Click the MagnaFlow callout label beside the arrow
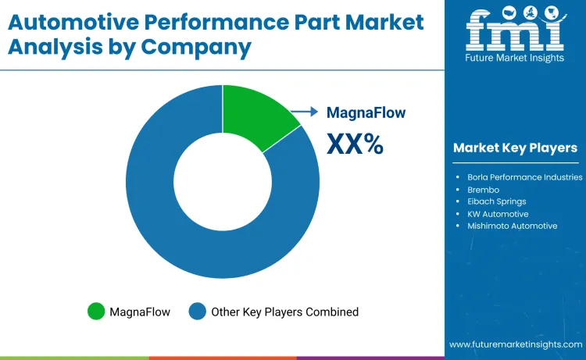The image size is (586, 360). [x=366, y=112]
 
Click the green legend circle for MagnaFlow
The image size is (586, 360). [x=96, y=312]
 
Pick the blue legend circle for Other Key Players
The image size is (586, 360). [x=198, y=312]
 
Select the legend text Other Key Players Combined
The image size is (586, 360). [x=284, y=312]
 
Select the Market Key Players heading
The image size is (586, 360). [x=515, y=148]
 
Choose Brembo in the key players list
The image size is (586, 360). [x=484, y=190]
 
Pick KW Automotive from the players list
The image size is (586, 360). [x=498, y=214]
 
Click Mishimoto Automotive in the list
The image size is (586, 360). [x=512, y=226]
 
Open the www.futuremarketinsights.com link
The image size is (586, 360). [x=515, y=344]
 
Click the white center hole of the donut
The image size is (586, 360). [x=223, y=181]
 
